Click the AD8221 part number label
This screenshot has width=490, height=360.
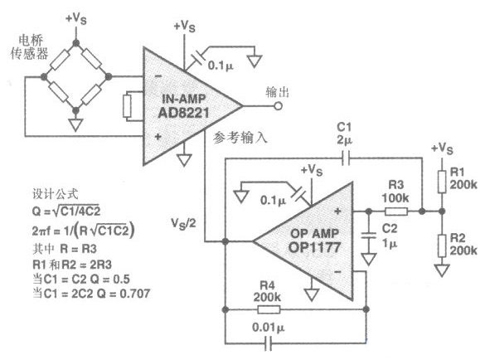pyautogui.click(x=183, y=113)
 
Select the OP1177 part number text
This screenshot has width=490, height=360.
pyautogui.click(x=314, y=247)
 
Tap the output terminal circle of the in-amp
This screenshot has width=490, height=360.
pyautogui.click(x=278, y=106)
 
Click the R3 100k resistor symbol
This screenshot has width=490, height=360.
pyautogui.click(x=396, y=212)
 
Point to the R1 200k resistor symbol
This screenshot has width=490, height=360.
pyautogui.click(x=442, y=182)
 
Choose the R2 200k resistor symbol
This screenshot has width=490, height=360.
pyautogui.click(x=442, y=246)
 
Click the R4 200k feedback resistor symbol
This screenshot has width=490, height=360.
pyautogui.click(x=269, y=309)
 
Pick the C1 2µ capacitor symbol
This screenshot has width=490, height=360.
pyautogui.click(x=346, y=158)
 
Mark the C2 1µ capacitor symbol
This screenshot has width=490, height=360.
pyautogui.click(x=369, y=236)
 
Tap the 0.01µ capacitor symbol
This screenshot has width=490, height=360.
pyautogui.click(x=268, y=343)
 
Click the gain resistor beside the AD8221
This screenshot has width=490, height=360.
pyautogui.click(x=127, y=106)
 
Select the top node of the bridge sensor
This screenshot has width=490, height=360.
pyautogui.click(x=76, y=43)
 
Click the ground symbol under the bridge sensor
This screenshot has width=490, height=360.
pyautogui.click(x=75, y=124)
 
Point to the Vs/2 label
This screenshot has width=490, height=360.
pyautogui.click(x=183, y=224)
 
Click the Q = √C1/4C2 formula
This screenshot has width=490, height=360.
pyautogui.click(x=66, y=211)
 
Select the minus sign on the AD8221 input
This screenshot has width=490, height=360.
pyautogui.click(x=158, y=76)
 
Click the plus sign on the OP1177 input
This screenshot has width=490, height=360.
pyautogui.click(x=337, y=212)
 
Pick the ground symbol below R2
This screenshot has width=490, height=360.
pyautogui.click(x=442, y=270)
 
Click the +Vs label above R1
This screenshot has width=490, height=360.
pyautogui.click(x=442, y=148)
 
